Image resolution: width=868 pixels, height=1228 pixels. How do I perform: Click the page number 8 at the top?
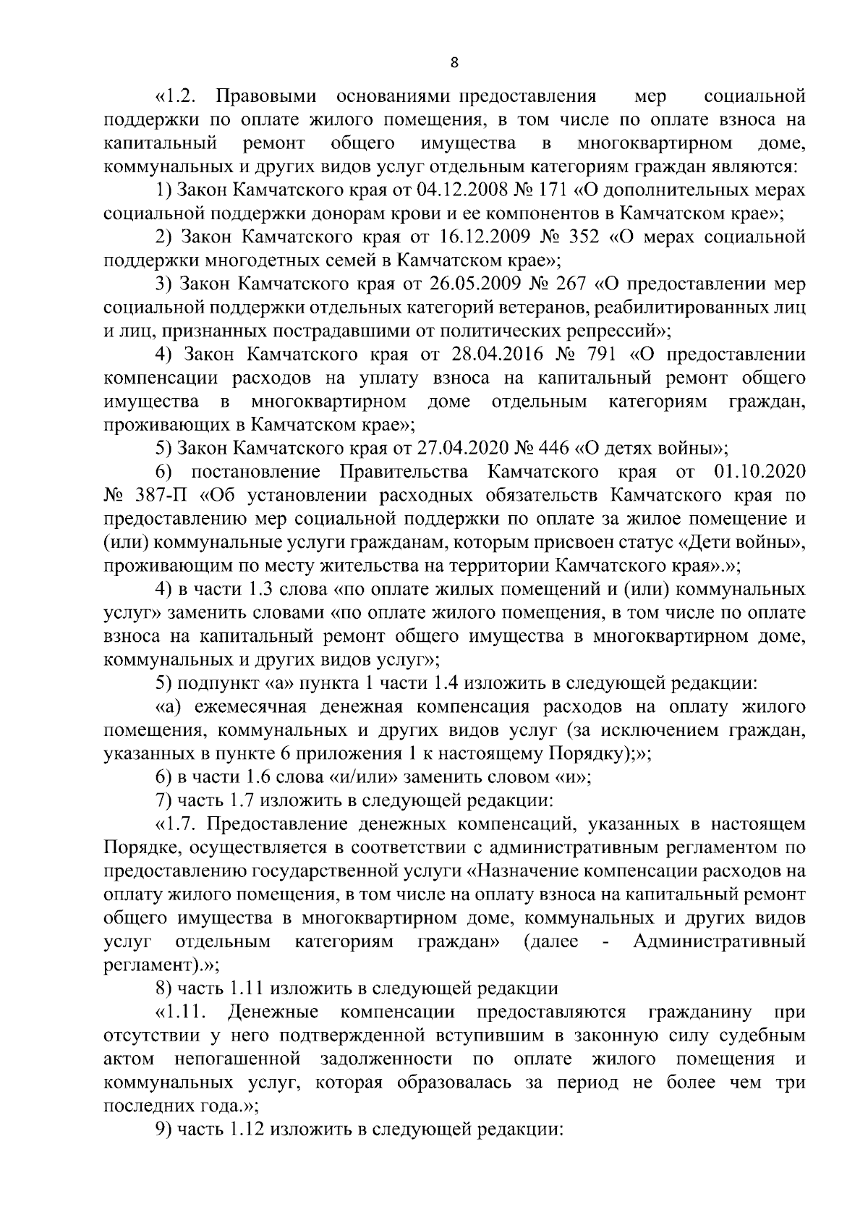pyautogui.click(x=454, y=63)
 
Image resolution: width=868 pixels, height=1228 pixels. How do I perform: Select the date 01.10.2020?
pyautogui.click(x=759, y=473)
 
